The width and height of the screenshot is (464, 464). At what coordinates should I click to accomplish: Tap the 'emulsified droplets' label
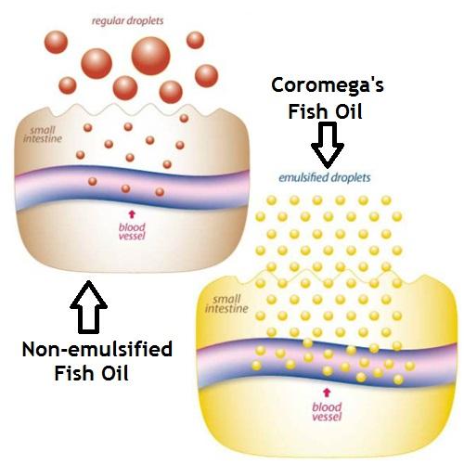pyautogui.click(x=324, y=176)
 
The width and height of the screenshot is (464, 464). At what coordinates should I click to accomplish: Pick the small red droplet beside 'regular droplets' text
pyautogui.click(x=195, y=40)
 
